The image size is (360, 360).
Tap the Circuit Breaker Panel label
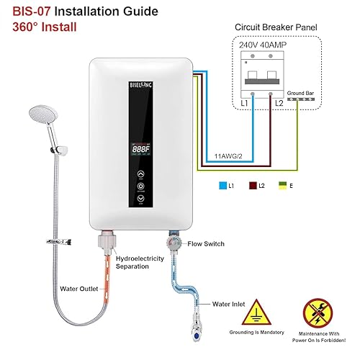click(x=277, y=27)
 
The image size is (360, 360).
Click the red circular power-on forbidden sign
click(x=318, y=312)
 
